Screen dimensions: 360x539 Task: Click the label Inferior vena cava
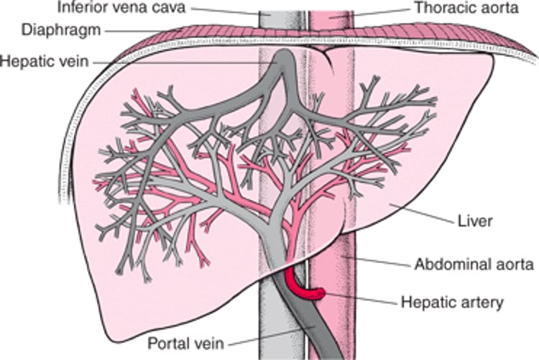[x=122, y=9]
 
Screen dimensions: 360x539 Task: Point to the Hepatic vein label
[x=44, y=62]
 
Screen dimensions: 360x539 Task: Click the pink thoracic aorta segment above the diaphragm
[x=331, y=18]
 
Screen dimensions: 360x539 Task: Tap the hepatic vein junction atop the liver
[x=285, y=68]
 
